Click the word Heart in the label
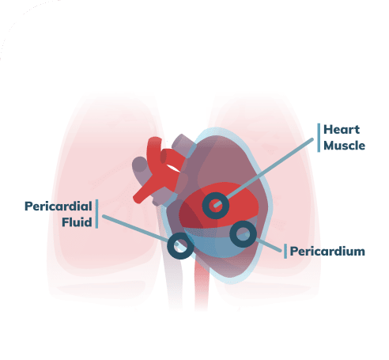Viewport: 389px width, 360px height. click(342, 130)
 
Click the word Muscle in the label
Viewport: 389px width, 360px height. click(344, 146)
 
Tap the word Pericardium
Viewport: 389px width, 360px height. click(327, 252)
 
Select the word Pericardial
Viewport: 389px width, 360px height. click(59, 207)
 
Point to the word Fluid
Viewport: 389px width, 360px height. click(77, 222)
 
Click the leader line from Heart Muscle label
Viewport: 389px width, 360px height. click(264, 172)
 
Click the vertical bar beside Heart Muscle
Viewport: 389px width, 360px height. click(319, 138)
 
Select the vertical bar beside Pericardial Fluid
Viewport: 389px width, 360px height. click(96, 214)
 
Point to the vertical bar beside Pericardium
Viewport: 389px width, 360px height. click(285, 252)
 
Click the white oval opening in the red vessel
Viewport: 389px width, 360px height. click(173, 169)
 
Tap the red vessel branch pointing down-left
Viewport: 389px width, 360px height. click(146, 191)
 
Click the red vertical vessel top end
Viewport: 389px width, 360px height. click(154, 141)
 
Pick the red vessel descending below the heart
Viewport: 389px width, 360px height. click(202, 285)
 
